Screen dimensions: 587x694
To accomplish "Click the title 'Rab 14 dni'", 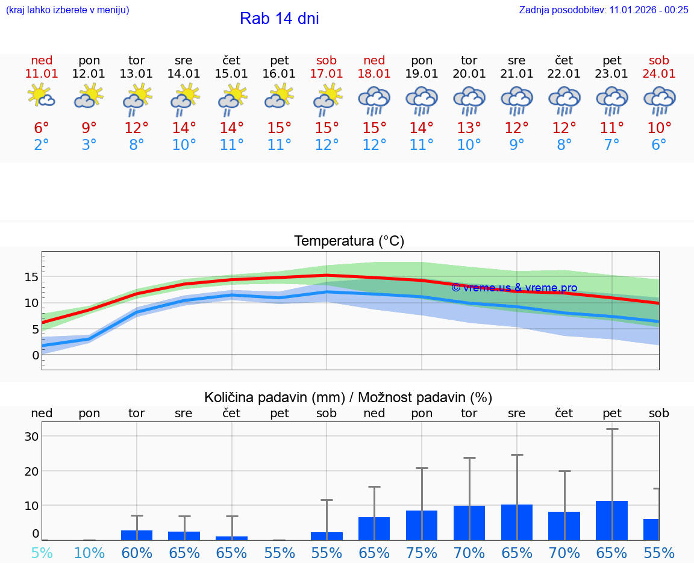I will coord(279,19).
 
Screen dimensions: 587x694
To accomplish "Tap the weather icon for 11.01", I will coord(42,96).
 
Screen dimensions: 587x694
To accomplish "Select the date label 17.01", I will coord(327,74).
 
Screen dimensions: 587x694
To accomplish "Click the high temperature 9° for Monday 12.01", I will coord(89,128).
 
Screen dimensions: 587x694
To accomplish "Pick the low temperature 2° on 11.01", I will coord(42,145).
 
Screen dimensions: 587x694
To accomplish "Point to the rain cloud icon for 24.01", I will coord(659,100).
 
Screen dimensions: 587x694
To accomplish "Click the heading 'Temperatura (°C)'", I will coord(349,241).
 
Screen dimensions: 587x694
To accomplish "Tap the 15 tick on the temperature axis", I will coord(32,277).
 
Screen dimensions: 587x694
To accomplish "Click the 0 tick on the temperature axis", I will coord(36,355).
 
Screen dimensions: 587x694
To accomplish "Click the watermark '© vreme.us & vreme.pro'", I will coord(514,288).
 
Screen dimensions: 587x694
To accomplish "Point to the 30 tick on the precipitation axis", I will coord(32,436).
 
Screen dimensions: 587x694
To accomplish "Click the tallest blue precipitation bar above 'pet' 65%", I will coord(611,520).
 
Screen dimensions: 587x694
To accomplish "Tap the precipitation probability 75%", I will coord(422,553).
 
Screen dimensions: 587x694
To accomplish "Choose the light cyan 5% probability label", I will coord(42,553).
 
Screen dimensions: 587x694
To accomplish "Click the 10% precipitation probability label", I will coord(89,553).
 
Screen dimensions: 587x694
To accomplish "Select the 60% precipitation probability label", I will coord(137,553).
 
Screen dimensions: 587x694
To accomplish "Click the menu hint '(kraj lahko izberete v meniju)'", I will coord(67,10).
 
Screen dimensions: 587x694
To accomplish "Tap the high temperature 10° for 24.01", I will coord(659,128).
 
